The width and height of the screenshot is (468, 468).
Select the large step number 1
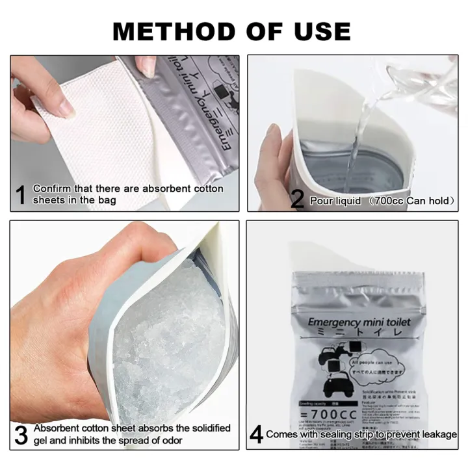click(21, 194)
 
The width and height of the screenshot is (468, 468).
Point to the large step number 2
click(298, 200)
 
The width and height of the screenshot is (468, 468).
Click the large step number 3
click(21, 435)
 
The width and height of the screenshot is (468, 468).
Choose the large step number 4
click(255, 435)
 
